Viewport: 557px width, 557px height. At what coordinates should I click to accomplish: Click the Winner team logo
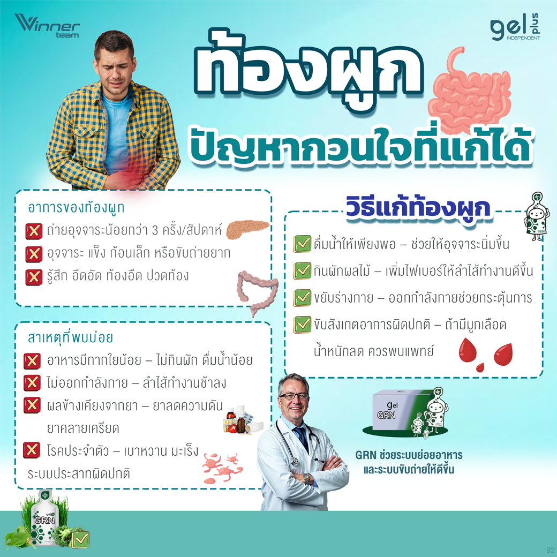(47, 26)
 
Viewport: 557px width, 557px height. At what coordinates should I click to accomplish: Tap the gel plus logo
(515, 27)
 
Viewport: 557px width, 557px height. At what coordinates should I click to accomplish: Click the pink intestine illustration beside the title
(469, 89)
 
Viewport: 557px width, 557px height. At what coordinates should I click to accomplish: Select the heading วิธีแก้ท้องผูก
(418, 208)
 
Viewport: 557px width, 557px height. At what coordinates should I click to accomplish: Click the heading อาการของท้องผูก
(76, 208)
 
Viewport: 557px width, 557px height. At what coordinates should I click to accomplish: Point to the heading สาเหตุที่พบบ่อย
(70, 337)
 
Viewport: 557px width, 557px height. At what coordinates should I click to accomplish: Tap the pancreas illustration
(247, 229)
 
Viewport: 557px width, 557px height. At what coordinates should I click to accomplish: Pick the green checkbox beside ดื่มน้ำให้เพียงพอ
(302, 244)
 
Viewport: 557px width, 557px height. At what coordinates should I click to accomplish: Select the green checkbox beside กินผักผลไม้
(302, 270)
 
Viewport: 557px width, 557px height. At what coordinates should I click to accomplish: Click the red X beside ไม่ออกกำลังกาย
(32, 383)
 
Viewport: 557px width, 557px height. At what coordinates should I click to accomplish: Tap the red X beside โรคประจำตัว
(32, 450)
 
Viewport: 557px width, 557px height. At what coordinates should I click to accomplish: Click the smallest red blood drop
(480, 367)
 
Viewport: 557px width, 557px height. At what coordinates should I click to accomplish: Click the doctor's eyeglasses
(293, 396)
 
